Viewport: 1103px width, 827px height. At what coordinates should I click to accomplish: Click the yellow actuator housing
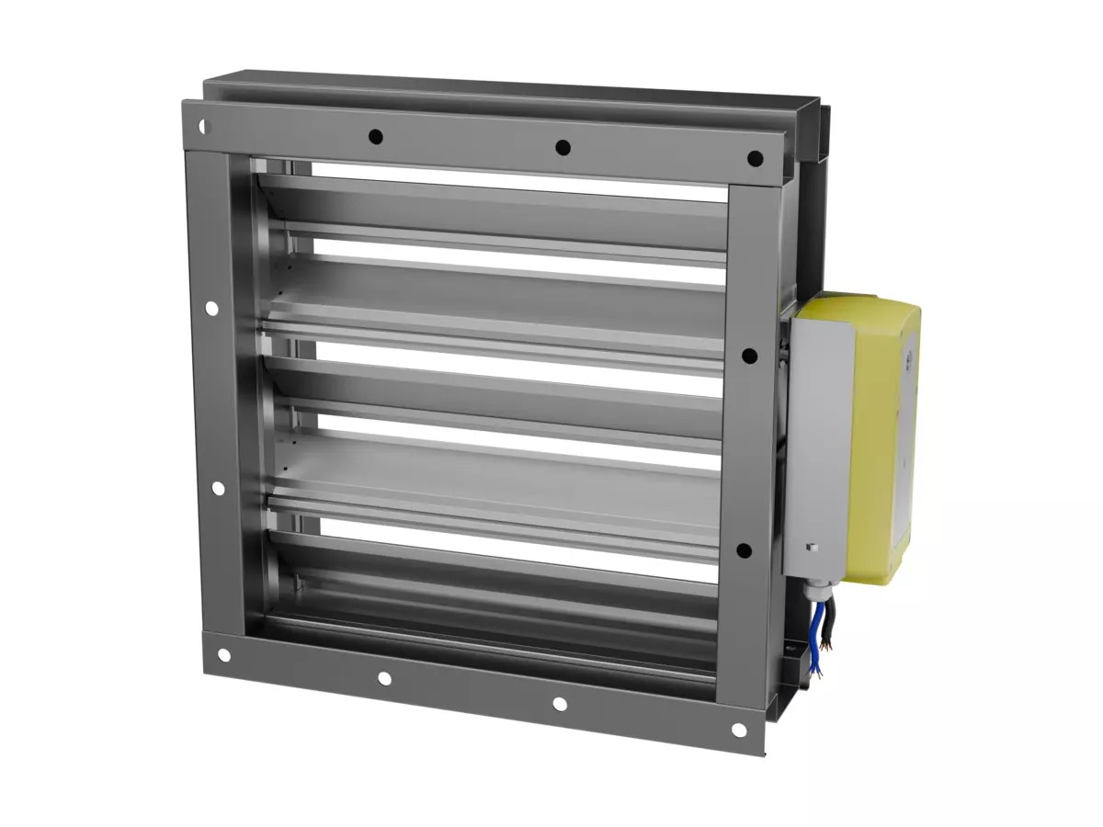[x=882, y=432]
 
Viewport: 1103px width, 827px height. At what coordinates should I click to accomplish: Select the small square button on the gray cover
[x=813, y=549]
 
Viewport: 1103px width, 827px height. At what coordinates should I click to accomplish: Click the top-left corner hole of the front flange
[x=203, y=126]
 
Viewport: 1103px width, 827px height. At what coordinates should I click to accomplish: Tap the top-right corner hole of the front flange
[x=755, y=159]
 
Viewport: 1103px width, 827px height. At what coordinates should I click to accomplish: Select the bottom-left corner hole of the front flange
[x=223, y=655]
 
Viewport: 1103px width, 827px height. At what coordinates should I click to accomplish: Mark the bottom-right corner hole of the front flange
[x=738, y=730]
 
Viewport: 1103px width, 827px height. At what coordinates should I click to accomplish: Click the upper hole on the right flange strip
[x=749, y=356]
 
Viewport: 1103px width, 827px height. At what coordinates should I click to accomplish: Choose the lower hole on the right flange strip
[x=744, y=550]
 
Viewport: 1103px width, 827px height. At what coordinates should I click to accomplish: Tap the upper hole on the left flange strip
[x=211, y=309]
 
